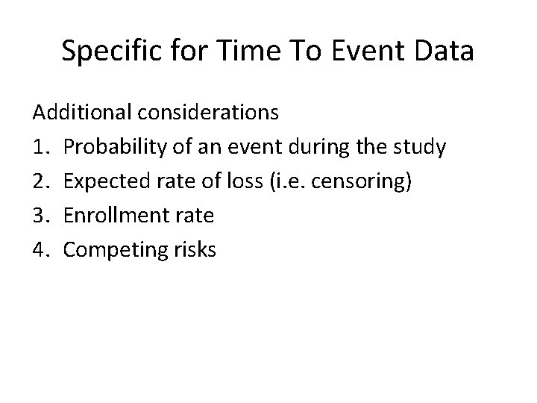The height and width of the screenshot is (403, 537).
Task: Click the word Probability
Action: pyautogui.click(x=113, y=148)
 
